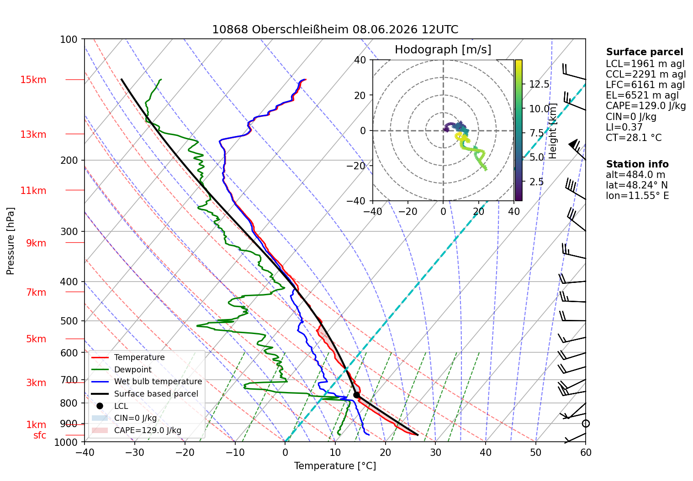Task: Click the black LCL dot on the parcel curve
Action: [356, 395]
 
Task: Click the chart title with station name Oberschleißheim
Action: [335, 29]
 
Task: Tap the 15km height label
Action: [33, 80]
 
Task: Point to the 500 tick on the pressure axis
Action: [69, 321]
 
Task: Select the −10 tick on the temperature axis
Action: [235, 453]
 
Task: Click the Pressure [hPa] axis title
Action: [10, 241]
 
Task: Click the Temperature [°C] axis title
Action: [335, 466]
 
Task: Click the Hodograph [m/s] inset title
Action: [443, 49]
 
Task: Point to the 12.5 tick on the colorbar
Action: [539, 84]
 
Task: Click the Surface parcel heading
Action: [645, 52]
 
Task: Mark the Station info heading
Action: [637, 164]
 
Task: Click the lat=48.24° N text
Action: [637, 185]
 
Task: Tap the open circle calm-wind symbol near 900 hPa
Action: [586, 423]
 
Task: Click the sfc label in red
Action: [40, 435]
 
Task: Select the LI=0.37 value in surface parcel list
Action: [624, 127]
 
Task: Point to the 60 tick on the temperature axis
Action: [586, 453]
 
